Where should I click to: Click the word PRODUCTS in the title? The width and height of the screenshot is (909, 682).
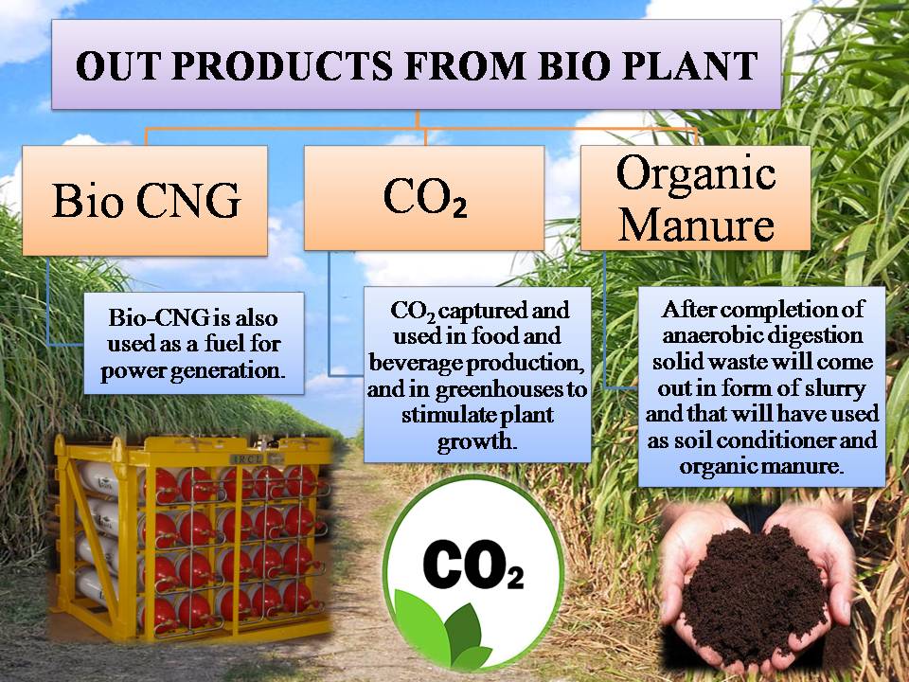283,65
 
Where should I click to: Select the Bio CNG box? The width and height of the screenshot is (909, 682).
145,200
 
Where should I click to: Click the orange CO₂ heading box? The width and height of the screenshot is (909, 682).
424,198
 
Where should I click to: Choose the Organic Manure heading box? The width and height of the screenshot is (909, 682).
696,198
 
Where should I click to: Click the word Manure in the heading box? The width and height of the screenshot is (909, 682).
696,224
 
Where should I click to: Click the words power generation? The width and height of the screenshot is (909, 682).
193,370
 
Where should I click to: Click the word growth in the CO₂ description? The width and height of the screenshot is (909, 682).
476,442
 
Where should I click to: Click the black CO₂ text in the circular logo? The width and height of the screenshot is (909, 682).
473,565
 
